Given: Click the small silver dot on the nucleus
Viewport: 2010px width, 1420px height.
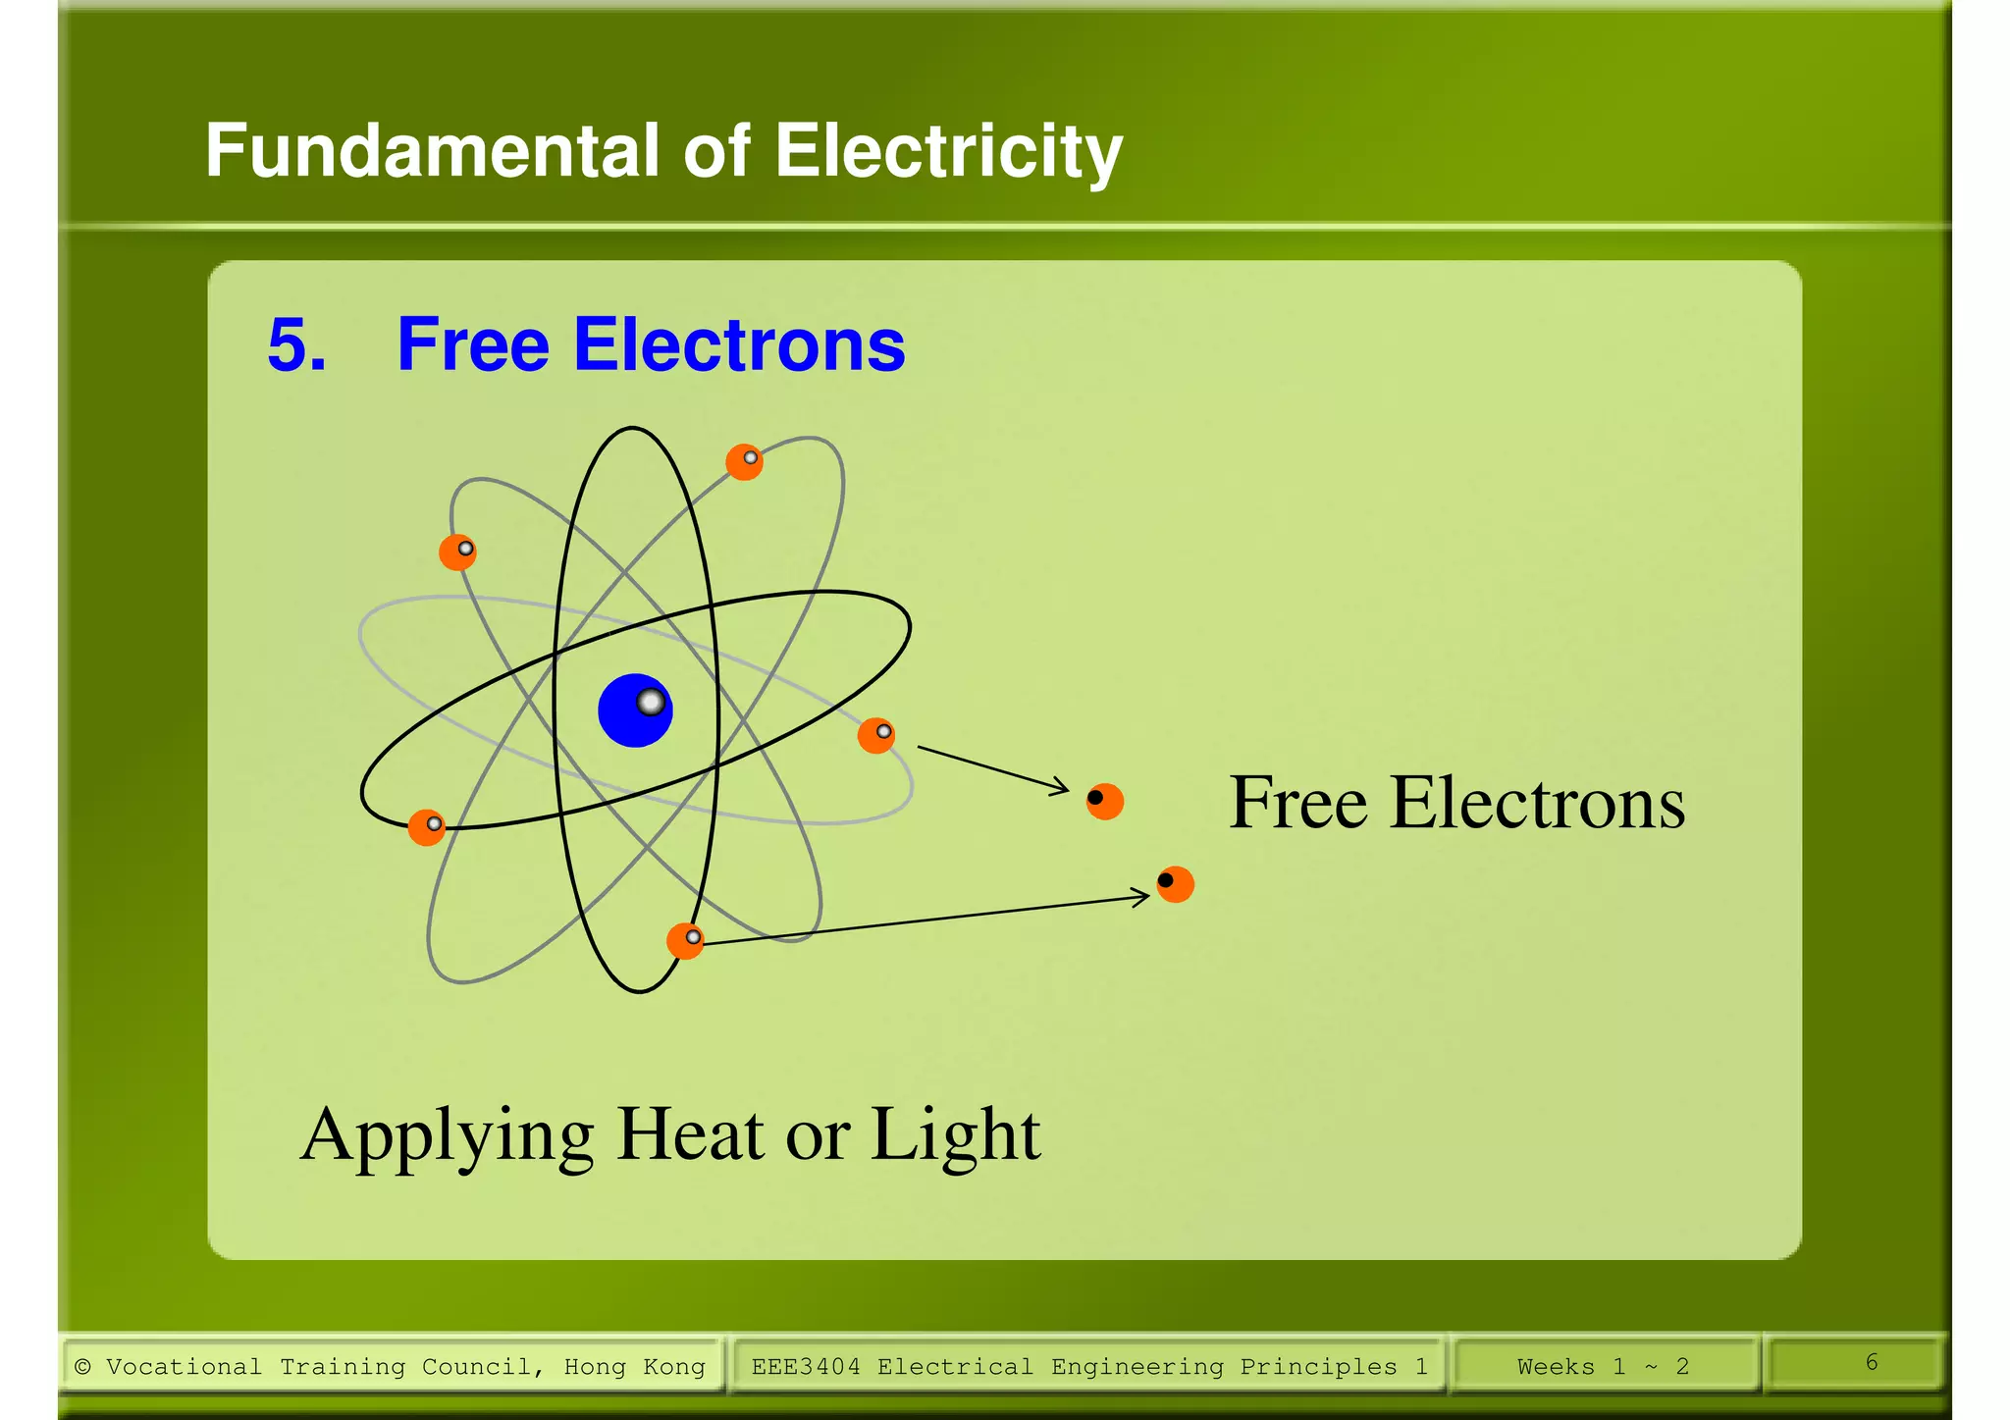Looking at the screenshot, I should [x=651, y=702].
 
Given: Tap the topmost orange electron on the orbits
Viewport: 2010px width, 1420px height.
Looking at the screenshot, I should [x=744, y=461].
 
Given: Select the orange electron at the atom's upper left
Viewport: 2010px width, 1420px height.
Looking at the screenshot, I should [x=457, y=552].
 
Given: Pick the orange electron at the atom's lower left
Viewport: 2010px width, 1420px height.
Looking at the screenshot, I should [x=427, y=827].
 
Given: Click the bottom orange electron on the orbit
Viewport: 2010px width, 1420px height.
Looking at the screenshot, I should [x=685, y=941].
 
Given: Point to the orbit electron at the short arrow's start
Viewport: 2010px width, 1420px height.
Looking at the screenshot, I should [x=876, y=735].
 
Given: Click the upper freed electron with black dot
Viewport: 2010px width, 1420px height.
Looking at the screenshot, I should [x=1105, y=801].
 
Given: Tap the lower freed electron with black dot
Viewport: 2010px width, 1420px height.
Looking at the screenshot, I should [x=1175, y=884].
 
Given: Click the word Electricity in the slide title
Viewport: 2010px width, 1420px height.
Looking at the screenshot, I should [x=948, y=152].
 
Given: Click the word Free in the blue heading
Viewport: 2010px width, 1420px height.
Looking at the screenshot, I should [x=472, y=345].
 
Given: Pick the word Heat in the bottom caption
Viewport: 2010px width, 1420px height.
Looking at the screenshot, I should [x=691, y=1135].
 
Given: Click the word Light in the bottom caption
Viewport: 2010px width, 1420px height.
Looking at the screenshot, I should [x=955, y=1135].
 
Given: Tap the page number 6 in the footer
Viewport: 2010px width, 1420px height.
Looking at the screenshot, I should [x=1871, y=1362].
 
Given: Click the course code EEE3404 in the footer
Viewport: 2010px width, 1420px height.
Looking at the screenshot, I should [x=805, y=1366].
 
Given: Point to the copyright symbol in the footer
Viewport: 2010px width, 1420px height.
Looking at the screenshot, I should [x=83, y=1366].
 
